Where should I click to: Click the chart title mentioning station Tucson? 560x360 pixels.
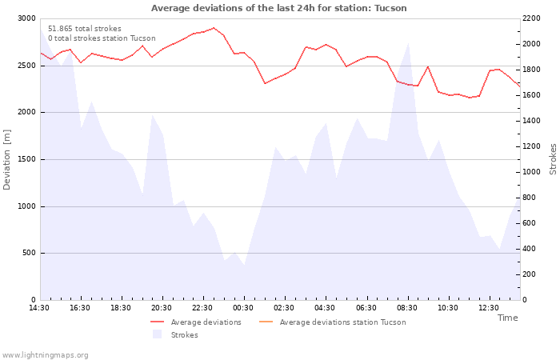pyautogui.click(x=278, y=8)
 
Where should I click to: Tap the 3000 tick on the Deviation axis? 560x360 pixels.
pyautogui.click(x=26, y=18)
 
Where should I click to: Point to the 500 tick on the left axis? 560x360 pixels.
pyautogui.click(x=30, y=253)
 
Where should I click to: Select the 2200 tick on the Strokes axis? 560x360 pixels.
pyautogui.click(x=531, y=18)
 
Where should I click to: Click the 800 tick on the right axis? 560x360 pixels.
pyautogui.click(x=530, y=198)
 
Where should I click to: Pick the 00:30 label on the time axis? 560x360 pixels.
pyautogui.click(x=243, y=308)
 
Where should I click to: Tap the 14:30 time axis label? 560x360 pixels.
pyautogui.click(x=39, y=308)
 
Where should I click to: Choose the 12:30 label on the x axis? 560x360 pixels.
pyautogui.click(x=489, y=308)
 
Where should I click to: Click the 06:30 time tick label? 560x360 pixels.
pyautogui.click(x=366, y=308)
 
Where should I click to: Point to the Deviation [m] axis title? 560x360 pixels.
pyautogui.click(x=6, y=159)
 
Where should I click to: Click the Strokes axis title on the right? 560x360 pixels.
pyautogui.click(x=553, y=159)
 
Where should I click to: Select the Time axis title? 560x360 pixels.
pyautogui.click(x=507, y=318)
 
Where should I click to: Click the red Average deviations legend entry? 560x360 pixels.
pyautogui.click(x=196, y=322)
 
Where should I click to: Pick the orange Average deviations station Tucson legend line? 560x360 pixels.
pyautogui.click(x=266, y=322)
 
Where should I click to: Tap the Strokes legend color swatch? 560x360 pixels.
pyautogui.click(x=157, y=334)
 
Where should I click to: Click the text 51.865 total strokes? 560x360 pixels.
pyautogui.click(x=85, y=29)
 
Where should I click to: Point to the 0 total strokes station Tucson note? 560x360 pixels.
pyautogui.click(x=102, y=38)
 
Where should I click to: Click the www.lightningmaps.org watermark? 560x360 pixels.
pyautogui.click(x=45, y=355)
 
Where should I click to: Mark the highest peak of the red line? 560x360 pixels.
pyautogui.click(x=214, y=27)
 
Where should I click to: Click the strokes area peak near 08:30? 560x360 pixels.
pyautogui.click(x=408, y=43)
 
